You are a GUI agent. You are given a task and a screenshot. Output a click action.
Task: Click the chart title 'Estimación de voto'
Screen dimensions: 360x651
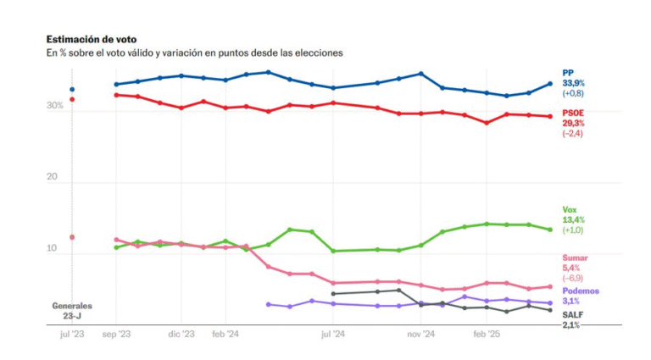tap(91, 39)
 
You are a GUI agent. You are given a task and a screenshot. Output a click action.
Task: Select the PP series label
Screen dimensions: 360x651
tap(568, 73)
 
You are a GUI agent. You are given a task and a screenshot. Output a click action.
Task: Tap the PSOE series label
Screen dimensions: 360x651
tap(573, 114)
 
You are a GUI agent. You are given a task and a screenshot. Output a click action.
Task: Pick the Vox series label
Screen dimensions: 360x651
tap(570, 209)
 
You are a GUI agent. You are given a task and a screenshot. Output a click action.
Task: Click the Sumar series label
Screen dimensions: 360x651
tap(575, 258)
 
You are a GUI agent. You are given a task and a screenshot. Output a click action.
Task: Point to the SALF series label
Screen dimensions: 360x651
tap(572, 314)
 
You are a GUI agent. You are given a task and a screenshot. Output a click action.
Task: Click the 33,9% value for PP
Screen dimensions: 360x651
tap(574, 83)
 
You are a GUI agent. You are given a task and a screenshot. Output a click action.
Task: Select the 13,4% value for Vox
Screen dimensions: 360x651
tap(574, 219)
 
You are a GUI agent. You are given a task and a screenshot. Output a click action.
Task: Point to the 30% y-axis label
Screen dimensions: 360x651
tap(54, 106)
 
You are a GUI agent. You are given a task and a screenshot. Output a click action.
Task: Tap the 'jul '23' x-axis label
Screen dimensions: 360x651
tap(72, 335)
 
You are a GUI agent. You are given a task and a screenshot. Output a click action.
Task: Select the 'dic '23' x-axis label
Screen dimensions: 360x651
tap(181, 335)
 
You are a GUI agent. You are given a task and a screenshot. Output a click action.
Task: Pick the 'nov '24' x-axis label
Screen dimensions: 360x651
tap(420, 335)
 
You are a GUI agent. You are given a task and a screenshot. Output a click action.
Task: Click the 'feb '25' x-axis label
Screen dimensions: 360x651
tap(487, 335)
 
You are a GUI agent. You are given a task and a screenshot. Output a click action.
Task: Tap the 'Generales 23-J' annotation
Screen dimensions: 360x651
tap(72, 310)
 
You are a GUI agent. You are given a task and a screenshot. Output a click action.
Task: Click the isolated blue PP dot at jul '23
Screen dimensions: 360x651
tap(72, 89)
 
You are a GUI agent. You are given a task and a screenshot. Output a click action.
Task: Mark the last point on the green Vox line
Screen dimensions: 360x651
tap(550, 230)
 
